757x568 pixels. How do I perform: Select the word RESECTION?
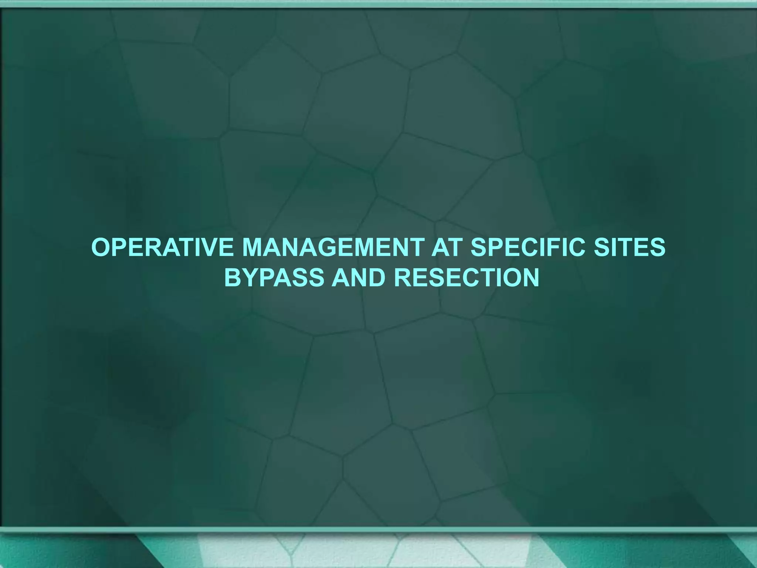466,277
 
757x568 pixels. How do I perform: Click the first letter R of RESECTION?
404,277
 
